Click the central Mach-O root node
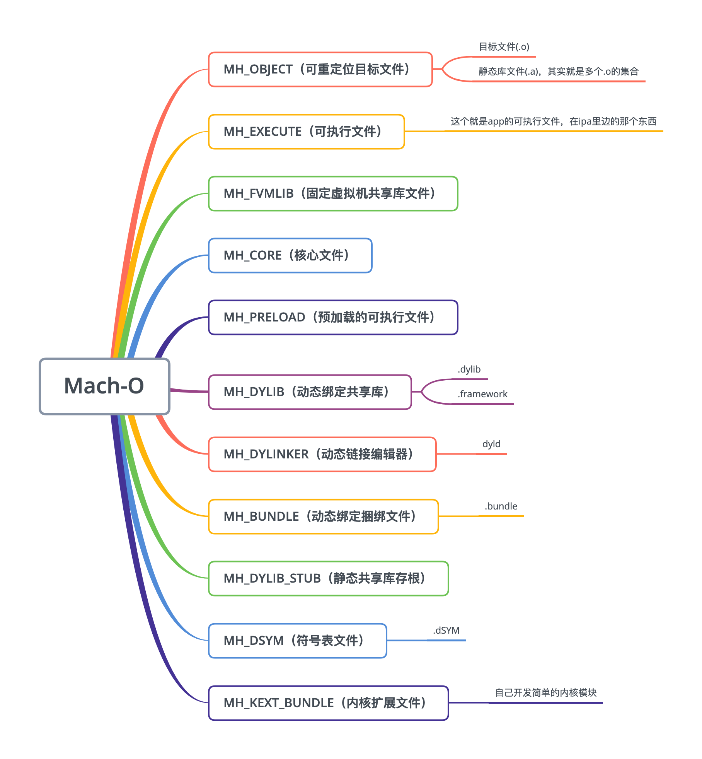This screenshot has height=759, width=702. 104,386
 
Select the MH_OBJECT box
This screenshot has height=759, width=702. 320,70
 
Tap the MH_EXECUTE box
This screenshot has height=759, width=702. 306,132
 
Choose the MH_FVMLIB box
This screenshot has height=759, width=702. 333,193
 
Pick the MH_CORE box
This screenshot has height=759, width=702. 290,255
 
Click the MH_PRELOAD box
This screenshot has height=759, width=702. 333,317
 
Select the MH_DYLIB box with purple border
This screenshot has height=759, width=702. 310,392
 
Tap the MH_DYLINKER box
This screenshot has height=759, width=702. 322,454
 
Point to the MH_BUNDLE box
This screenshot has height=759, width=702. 323,516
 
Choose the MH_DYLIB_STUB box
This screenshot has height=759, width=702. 328,578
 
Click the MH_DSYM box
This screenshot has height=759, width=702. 297,641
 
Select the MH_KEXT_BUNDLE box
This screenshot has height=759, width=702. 328,703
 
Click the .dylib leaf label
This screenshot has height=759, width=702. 469,369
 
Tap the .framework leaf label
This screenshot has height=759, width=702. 482,394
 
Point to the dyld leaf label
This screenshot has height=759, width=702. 491,444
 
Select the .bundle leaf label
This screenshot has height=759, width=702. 501,506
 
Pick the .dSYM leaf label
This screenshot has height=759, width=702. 446,631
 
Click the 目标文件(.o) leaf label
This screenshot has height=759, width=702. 504,47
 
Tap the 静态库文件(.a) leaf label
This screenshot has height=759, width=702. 558,72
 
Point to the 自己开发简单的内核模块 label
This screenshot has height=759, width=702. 546,693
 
